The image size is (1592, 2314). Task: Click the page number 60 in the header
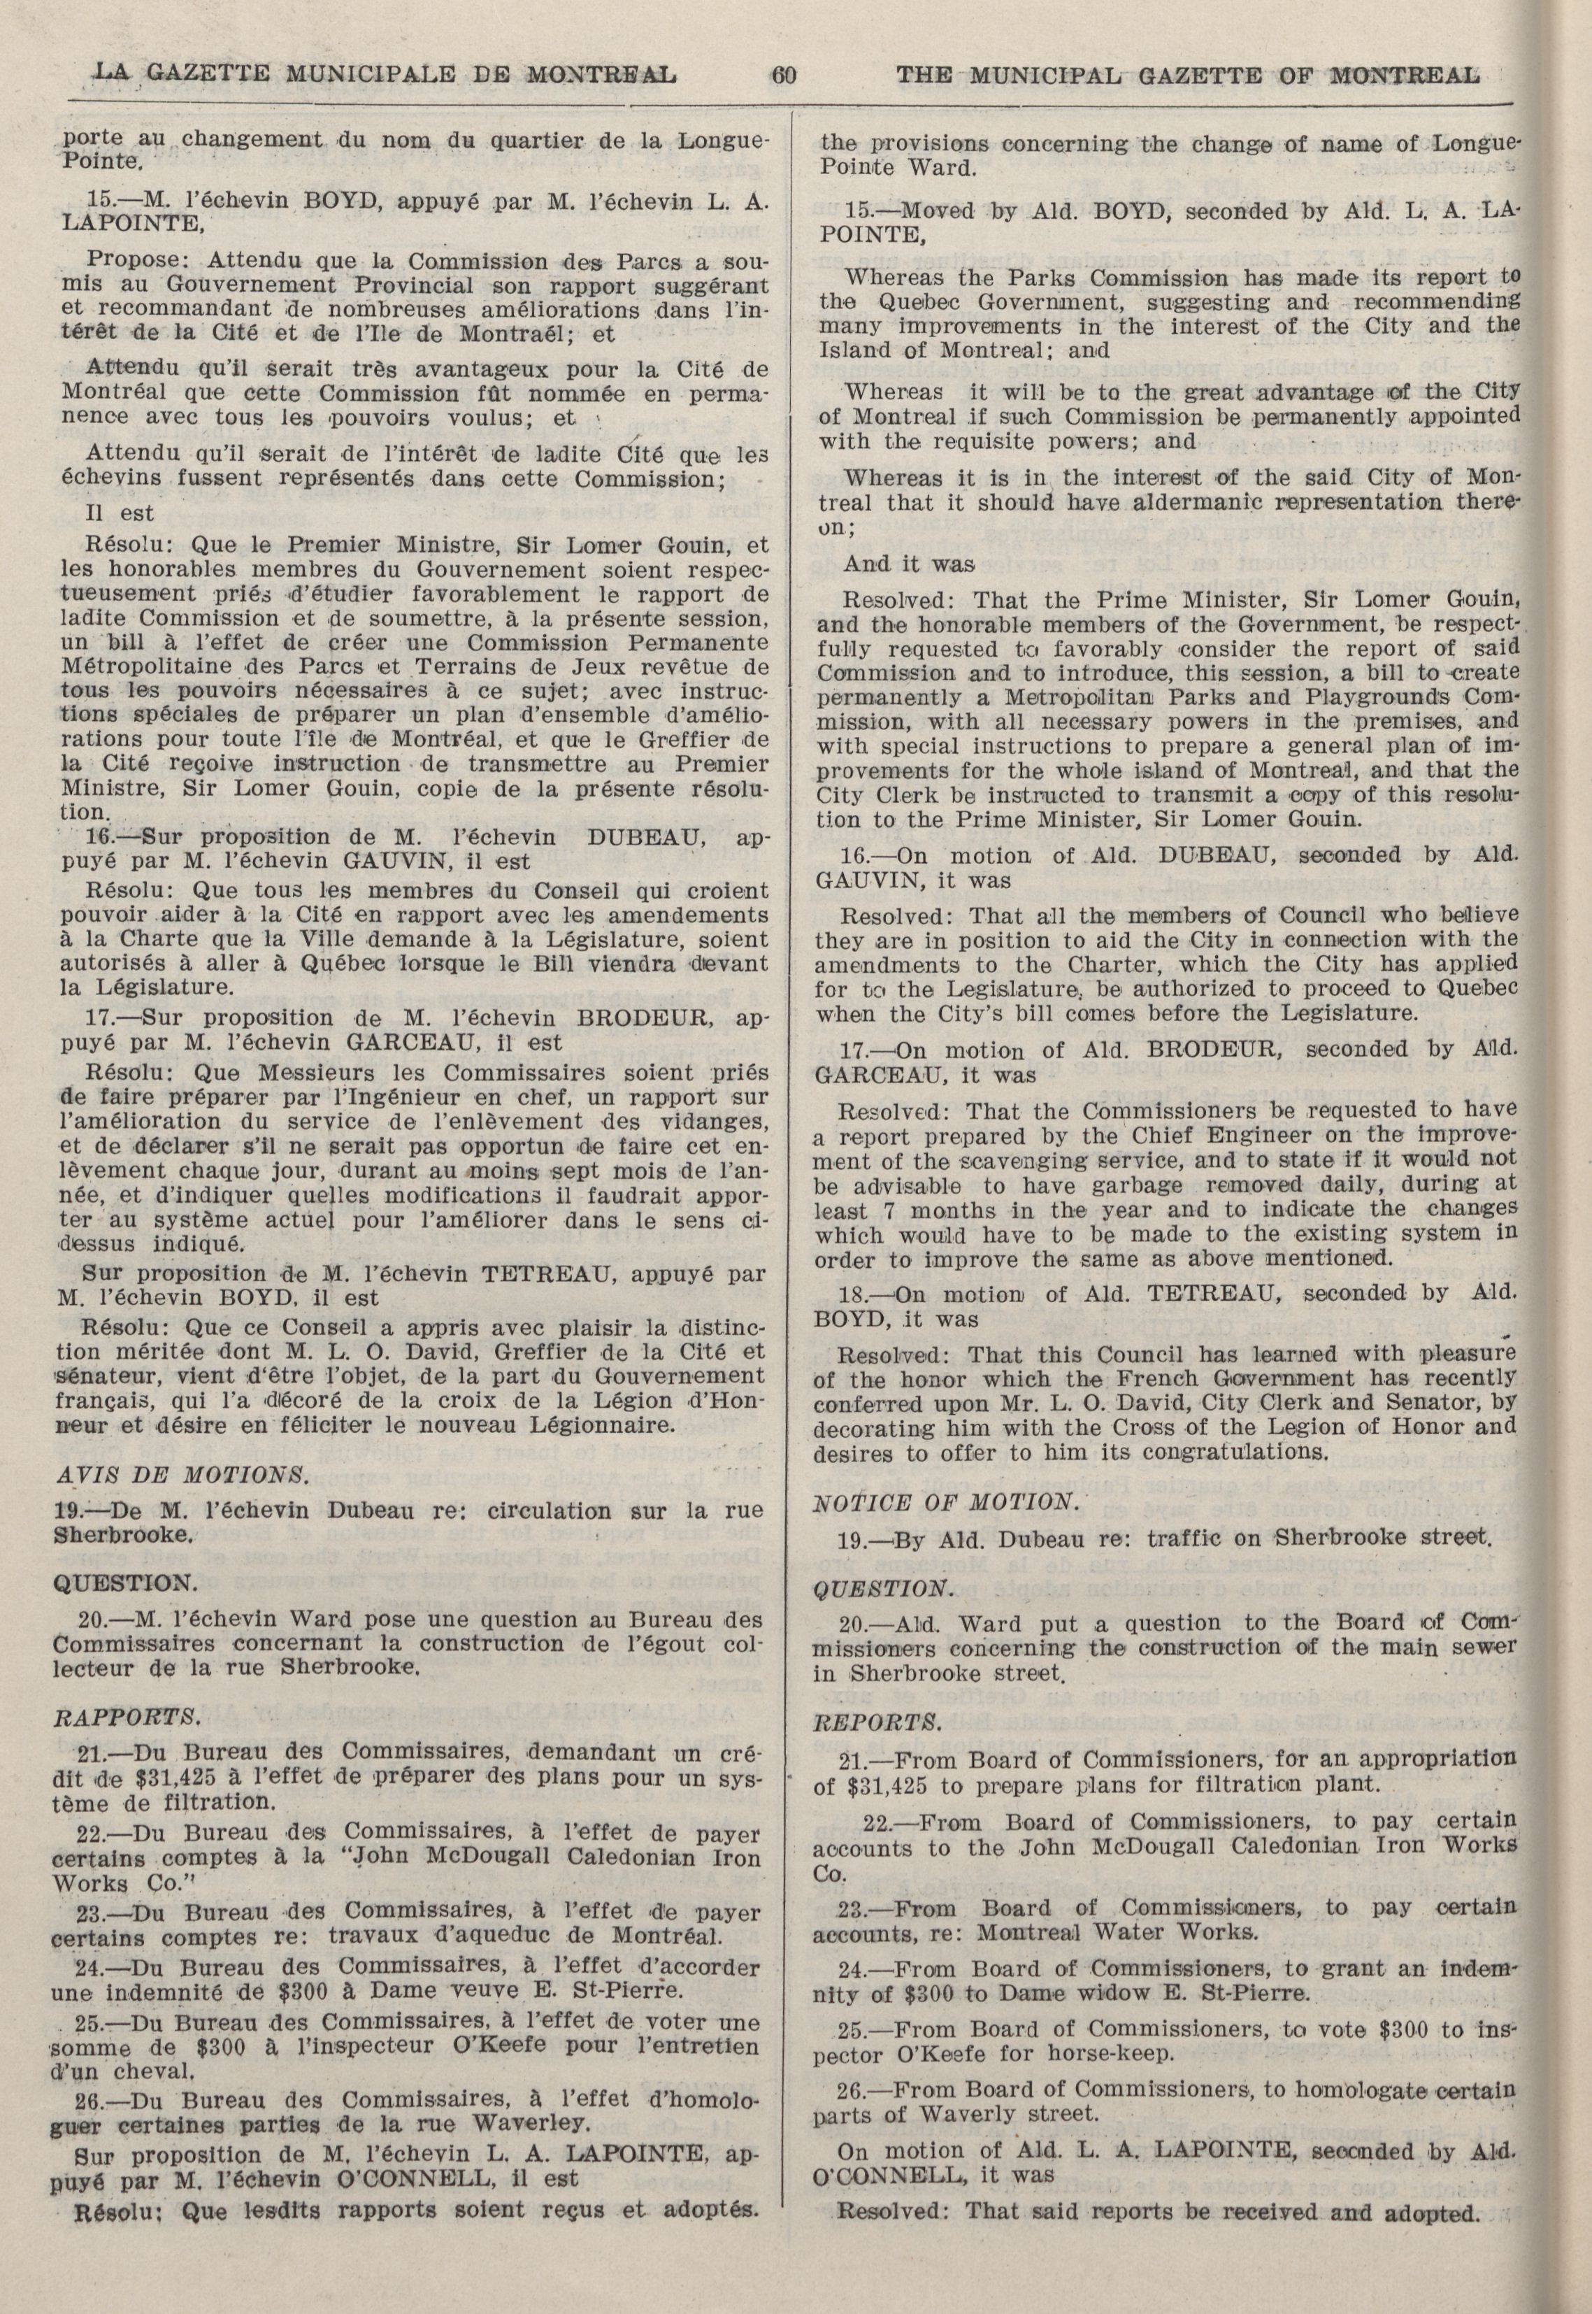click(x=783, y=75)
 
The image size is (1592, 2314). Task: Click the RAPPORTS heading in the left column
click(x=127, y=1717)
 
